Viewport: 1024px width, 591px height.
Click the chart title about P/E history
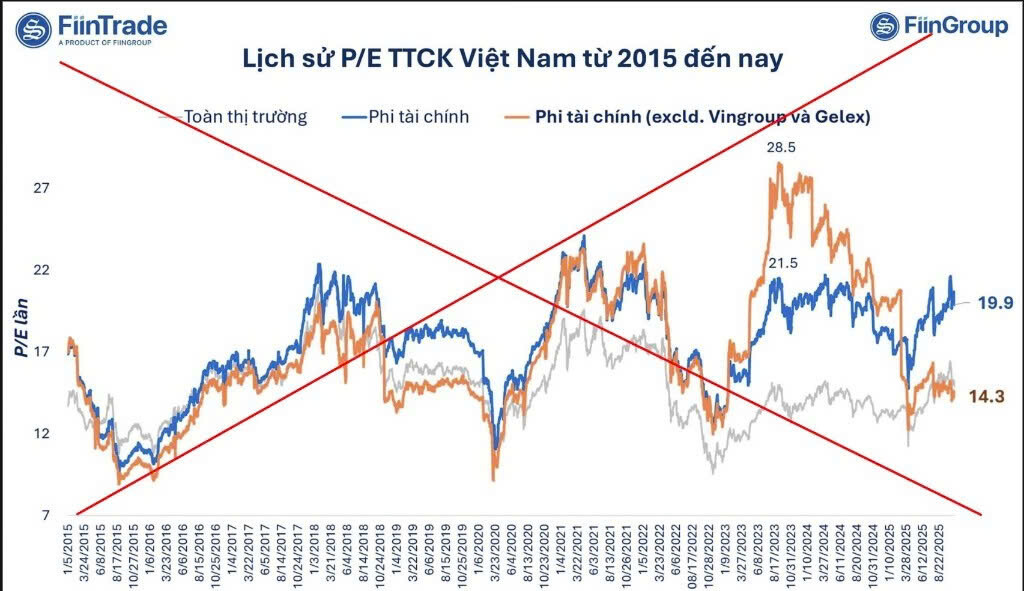512,58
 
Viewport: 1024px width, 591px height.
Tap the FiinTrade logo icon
34,28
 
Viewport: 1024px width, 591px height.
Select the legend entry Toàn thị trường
244,116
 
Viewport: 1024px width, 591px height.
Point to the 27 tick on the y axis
43,189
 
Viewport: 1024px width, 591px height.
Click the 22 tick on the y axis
43,271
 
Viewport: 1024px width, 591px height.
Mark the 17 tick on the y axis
43,352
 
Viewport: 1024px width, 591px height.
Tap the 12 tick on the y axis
43,434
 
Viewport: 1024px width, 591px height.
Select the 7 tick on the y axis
46,516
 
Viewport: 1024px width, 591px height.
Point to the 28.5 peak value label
782,147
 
